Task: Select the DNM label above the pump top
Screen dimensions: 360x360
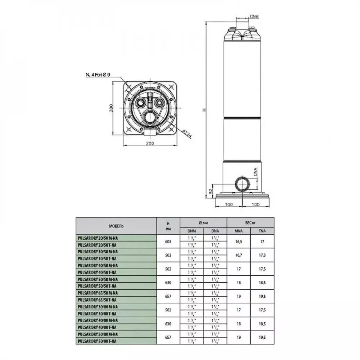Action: pos(254,17)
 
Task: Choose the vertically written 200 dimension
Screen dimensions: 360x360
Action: pos(112,108)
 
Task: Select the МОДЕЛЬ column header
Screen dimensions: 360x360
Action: pos(116,226)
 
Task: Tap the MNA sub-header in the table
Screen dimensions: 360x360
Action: pos(238,231)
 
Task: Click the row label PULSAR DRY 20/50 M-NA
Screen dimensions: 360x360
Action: pos(98,238)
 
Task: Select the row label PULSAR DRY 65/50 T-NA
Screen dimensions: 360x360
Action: pos(97,300)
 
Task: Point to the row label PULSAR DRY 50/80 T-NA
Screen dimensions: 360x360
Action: pos(97,341)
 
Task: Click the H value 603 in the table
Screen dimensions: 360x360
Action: pos(168,241)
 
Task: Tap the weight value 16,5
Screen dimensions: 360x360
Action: pos(238,241)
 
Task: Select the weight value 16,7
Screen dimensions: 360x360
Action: pos(238,255)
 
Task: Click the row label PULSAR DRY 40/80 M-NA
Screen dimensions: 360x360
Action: pos(98,320)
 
